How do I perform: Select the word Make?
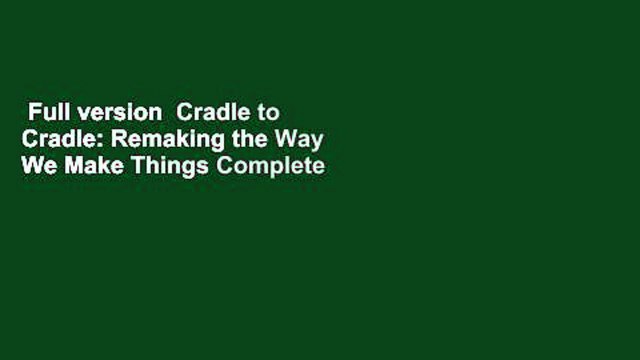click(84, 167)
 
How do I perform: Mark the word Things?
click(152, 167)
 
